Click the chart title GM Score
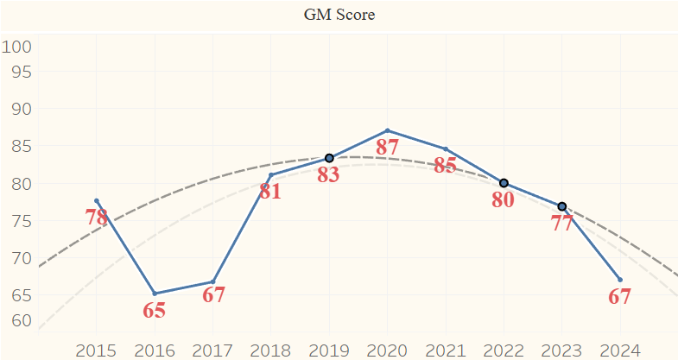tap(339, 15)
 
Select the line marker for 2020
tap(387, 130)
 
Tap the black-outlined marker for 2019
tap(329, 158)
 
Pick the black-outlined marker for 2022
tap(504, 183)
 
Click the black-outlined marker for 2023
tap(562, 206)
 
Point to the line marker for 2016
tap(155, 294)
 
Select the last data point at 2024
tap(620, 279)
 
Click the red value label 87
tap(387, 147)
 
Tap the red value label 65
tap(154, 310)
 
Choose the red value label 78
tap(97, 217)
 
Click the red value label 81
tap(270, 191)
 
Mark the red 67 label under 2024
tap(620, 297)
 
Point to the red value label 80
tap(503, 199)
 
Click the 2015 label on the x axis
tap(97, 350)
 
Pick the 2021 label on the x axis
tap(446, 350)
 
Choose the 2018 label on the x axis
tap(270, 350)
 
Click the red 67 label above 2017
tap(213, 294)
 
